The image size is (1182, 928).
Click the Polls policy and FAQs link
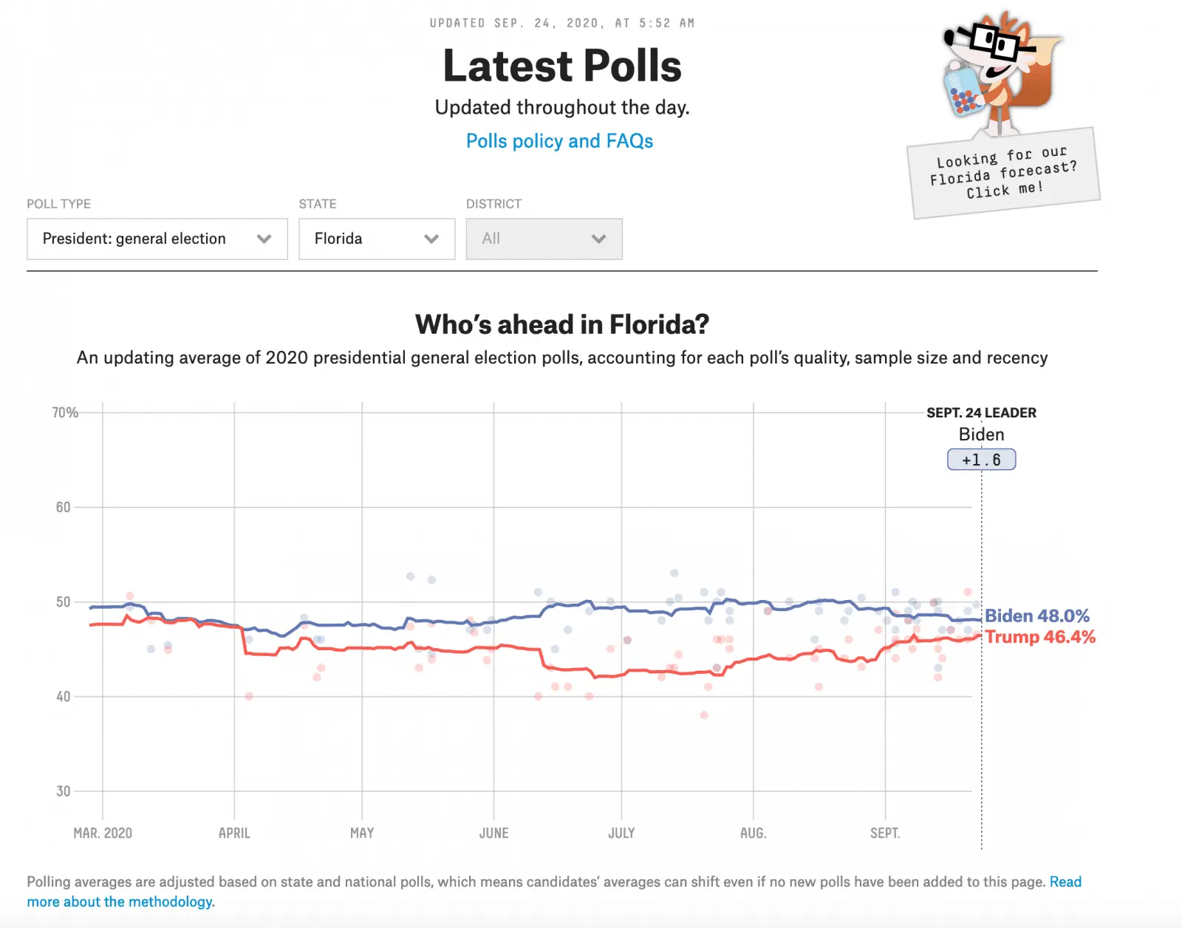click(x=559, y=141)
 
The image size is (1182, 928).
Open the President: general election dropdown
click(x=157, y=239)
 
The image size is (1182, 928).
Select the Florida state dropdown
click(x=376, y=239)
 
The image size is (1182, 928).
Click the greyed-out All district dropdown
click(x=544, y=239)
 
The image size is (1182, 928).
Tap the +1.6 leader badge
click(x=981, y=460)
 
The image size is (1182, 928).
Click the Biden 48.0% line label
click(x=1036, y=616)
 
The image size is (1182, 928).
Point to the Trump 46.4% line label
click(x=1039, y=637)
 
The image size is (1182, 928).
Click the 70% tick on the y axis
click(x=65, y=412)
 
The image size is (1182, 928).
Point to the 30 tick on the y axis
click(x=64, y=791)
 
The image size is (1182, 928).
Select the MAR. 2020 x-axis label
click(x=103, y=833)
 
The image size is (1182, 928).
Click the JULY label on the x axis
click(x=621, y=833)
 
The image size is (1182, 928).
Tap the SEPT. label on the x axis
click(x=885, y=833)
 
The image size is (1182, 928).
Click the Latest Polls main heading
click(x=561, y=66)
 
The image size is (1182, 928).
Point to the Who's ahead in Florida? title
click(x=561, y=324)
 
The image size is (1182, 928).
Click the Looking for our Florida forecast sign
click(x=1003, y=174)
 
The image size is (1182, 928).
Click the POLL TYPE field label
click(x=59, y=204)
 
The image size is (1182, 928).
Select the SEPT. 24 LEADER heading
click(x=981, y=413)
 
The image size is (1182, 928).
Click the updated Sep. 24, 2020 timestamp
click(x=561, y=24)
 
